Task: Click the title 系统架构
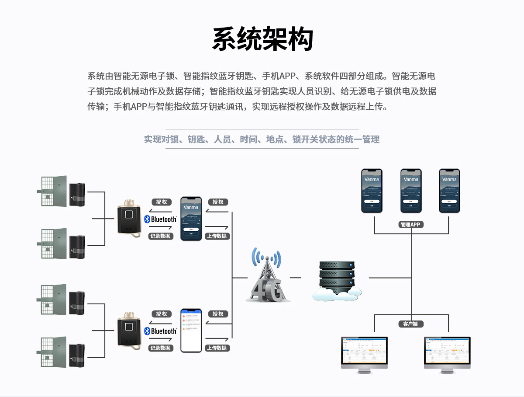pos(262,39)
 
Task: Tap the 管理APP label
pos(411,225)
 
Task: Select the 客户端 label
pos(411,324)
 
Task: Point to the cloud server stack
pos(337,280)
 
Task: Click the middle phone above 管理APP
pos(411,191)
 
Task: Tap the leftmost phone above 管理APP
pos(372,191)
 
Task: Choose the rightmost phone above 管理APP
pos(449,191)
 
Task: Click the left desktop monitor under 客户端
pos(365,354)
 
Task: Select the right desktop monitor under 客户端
pos(447,354)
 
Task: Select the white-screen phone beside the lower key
pos(191,331)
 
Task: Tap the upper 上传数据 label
pos(217,236)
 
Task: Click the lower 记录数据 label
pos(160,348)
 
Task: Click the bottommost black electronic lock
pos(77,355)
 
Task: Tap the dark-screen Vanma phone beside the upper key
pos(191,218)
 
